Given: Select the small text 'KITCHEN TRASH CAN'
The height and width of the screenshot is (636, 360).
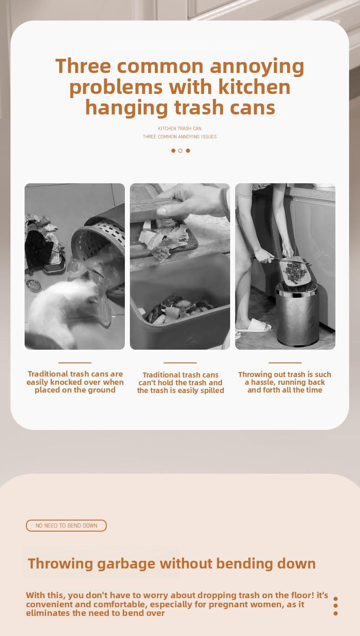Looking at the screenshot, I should [180, 129].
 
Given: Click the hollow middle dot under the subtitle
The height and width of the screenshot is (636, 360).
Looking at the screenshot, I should [180, 150].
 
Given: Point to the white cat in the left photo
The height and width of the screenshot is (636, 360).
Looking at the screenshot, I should [64, 310].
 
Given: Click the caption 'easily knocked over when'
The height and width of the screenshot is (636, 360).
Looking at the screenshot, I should [75, 382].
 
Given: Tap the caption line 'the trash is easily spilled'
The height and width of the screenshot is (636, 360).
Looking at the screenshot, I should [180, 391].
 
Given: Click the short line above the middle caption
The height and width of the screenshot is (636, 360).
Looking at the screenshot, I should [180, 362].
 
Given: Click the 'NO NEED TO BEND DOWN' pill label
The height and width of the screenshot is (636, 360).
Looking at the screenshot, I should [66, 526].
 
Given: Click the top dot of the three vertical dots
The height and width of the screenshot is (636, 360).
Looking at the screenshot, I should [335, 599].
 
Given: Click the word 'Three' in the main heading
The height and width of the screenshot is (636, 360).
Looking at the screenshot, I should [83, 67].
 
